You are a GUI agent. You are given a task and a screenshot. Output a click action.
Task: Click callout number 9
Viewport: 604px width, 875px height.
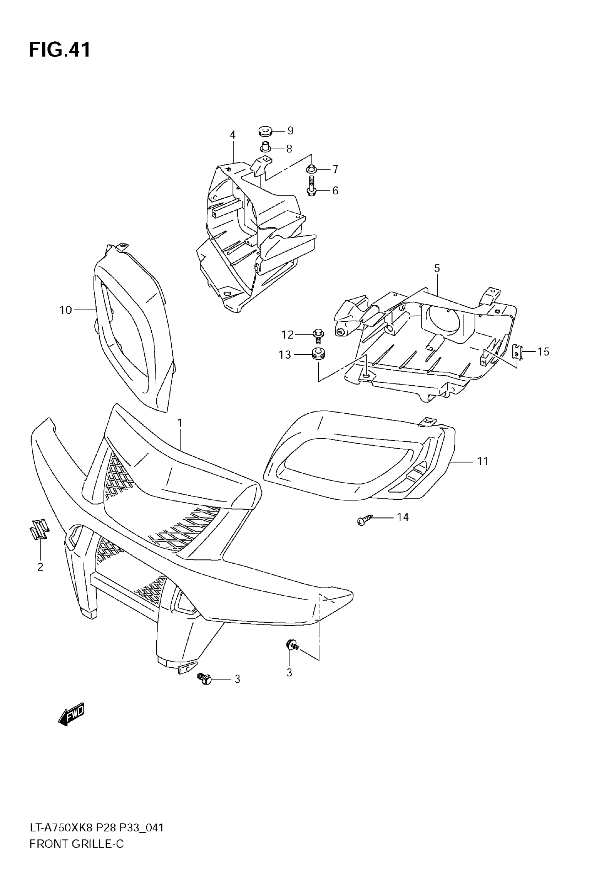(x=290, y=130)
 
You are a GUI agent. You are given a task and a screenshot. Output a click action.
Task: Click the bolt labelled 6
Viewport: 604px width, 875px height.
(x=312, y=189)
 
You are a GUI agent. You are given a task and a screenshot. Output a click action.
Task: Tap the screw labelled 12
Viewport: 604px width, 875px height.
(x=317, y=335)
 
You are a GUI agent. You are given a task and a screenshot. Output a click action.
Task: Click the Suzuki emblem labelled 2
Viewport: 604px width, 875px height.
(x=39, y=528)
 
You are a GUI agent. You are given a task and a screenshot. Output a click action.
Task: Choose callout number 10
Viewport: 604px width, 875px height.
(x=65, y=310)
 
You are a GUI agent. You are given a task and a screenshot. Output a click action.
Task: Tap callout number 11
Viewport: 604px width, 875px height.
(x=482, y=461)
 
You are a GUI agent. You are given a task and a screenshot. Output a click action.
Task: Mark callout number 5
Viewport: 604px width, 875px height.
(x=437, y=268)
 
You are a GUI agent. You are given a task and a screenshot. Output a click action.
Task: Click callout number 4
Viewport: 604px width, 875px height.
(x=233, y=135)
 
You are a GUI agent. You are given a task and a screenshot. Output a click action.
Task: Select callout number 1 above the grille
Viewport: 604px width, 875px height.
(x=180, y=423)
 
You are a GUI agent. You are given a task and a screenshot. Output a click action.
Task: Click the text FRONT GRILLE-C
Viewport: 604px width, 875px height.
(x=76, y=844)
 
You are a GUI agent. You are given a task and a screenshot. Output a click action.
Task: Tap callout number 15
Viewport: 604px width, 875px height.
(x=543, y=351)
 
